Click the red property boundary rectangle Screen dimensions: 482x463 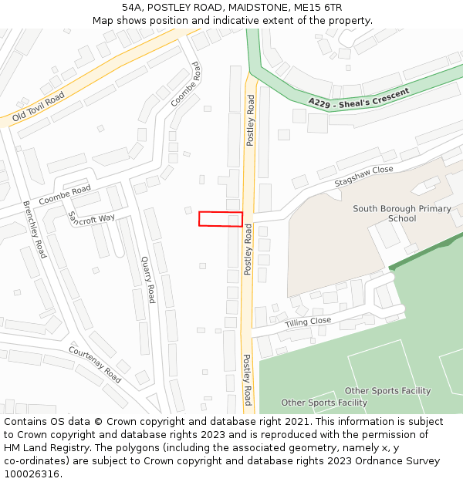pos(221,218)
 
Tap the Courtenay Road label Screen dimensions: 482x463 pos(95,364)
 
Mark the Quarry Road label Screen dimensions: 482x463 pos(147,280)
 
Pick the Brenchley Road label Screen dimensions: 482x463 pos(34,229)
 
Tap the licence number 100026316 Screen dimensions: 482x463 pos(32,474)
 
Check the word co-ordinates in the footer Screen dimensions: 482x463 pos(34,461)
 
